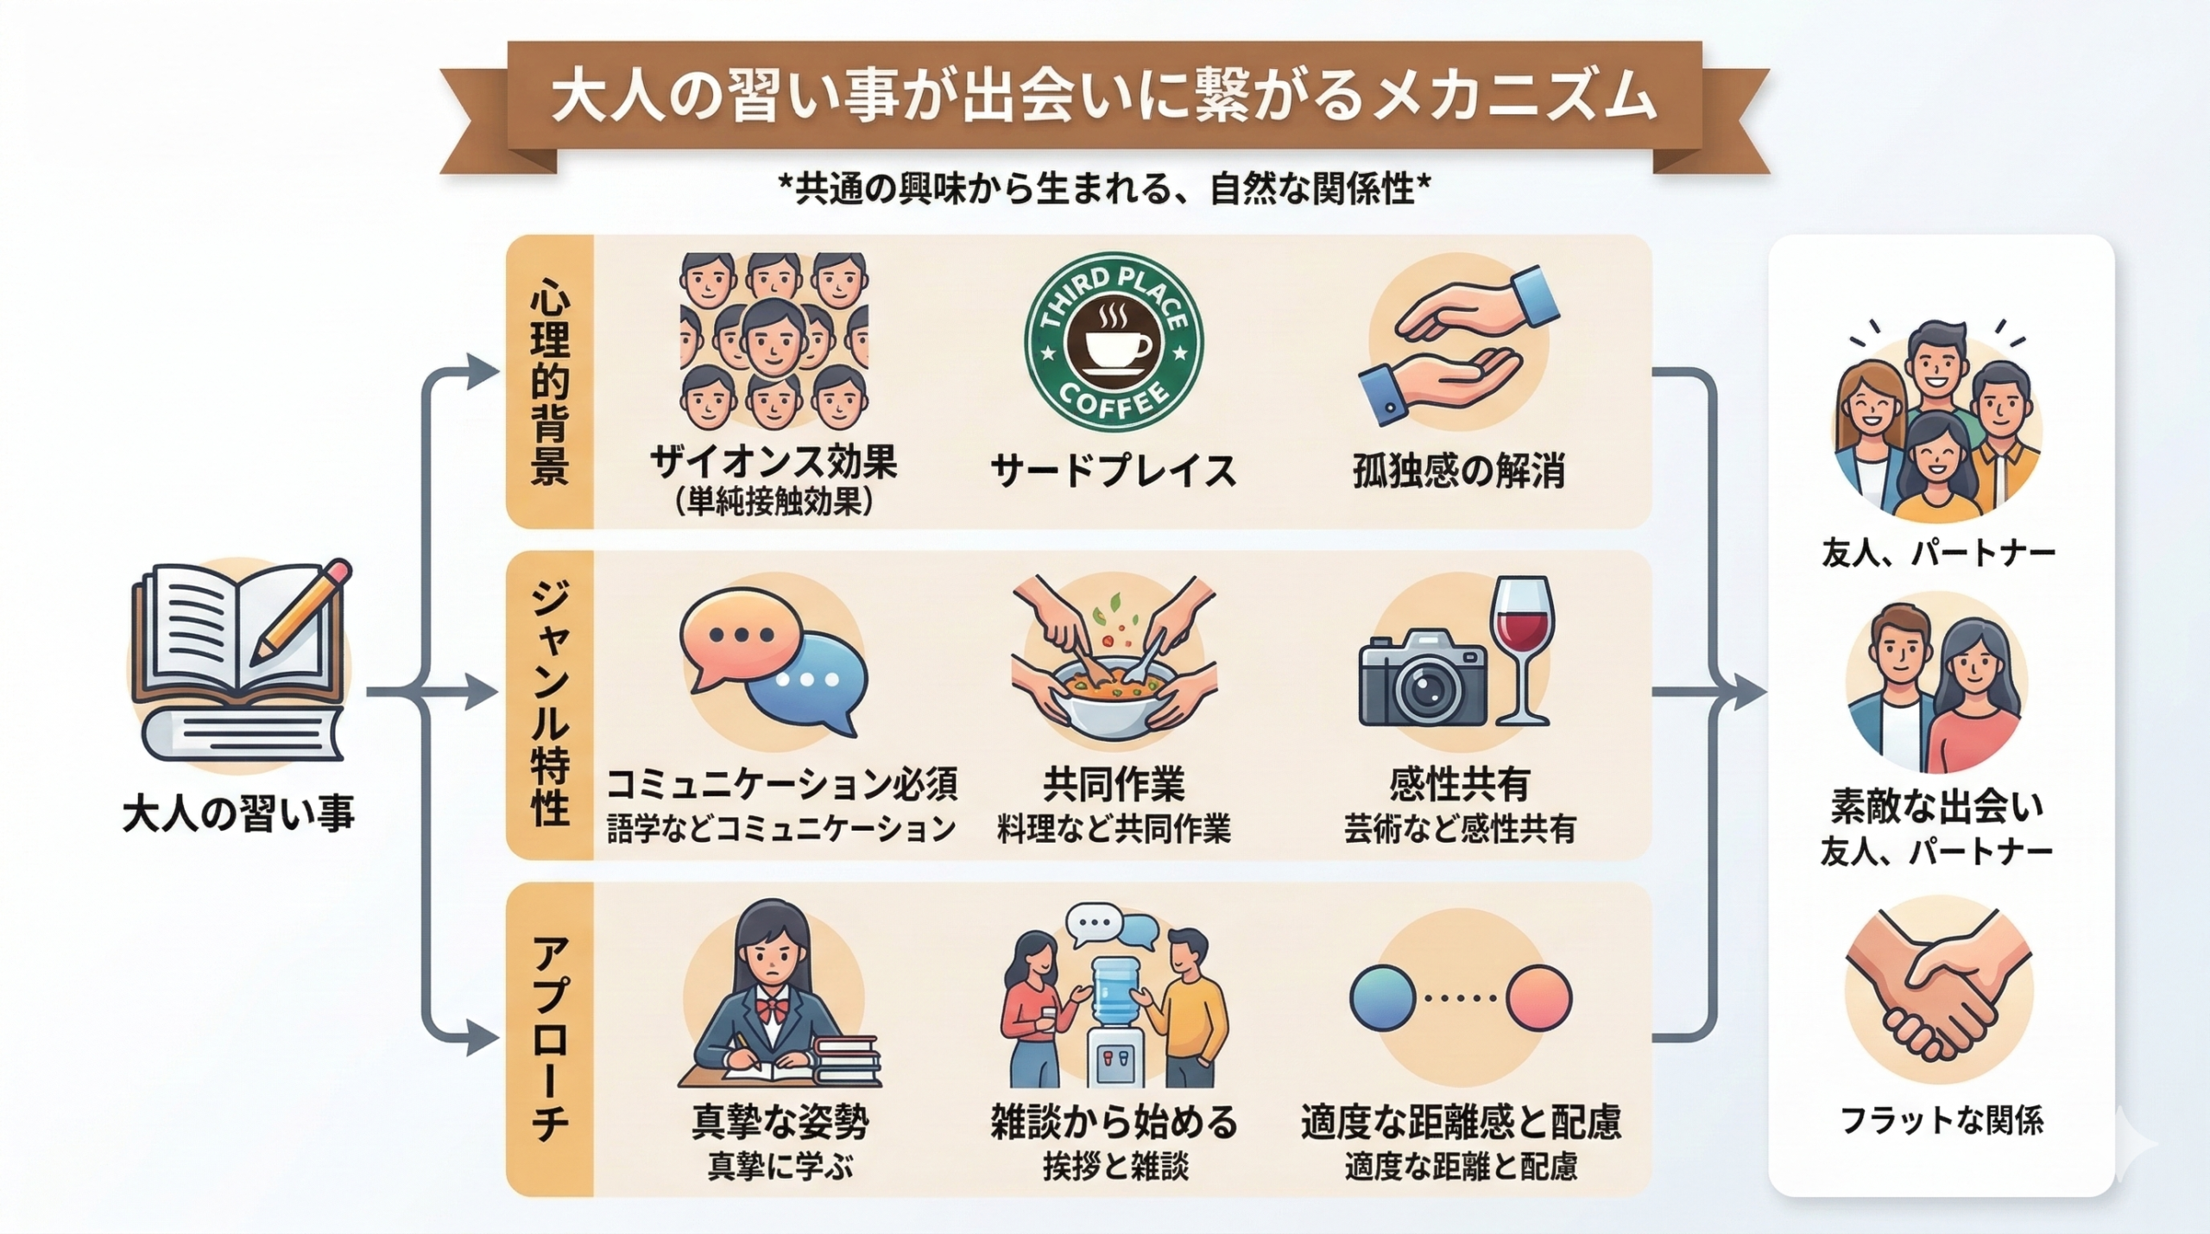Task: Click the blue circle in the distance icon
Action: click(x=1382, y=998)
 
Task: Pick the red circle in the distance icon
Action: click(x=1539, y=998)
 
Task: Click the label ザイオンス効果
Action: click(x=773, y=464)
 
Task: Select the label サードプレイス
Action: click(x=1114, y=471)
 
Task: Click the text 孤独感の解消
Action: click(x=1459, y=471)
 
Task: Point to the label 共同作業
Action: click(x=1114, y=784)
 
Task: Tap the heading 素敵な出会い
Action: click(x=1937, y=807)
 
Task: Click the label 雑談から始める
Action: click(x=1114, y=1122)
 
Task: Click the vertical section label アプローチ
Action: click(x=550, y=1040)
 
